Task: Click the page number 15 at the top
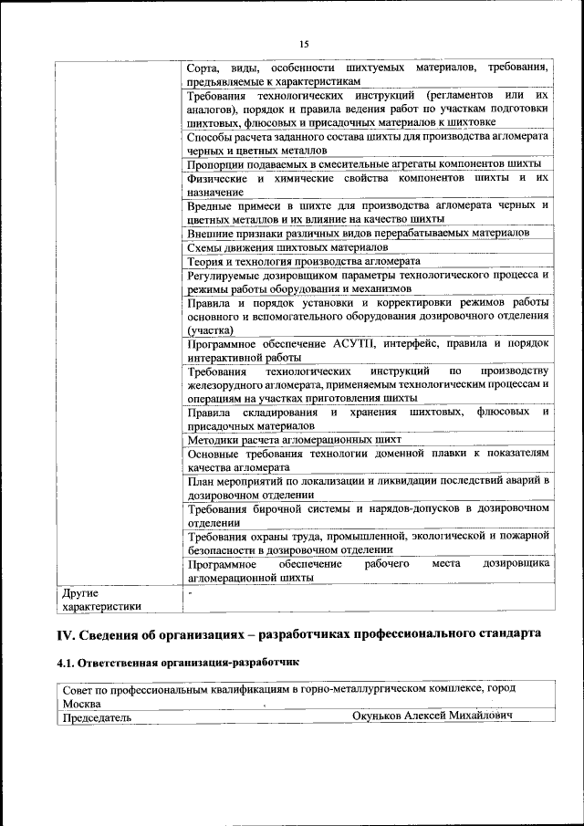coord(304,43)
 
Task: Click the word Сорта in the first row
coord(202,68)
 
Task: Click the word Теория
coord(206,260)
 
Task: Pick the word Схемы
coord(205,246)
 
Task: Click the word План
coord(201,480)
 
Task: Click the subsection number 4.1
coord(66,662)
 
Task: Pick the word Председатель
coord(96,717)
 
